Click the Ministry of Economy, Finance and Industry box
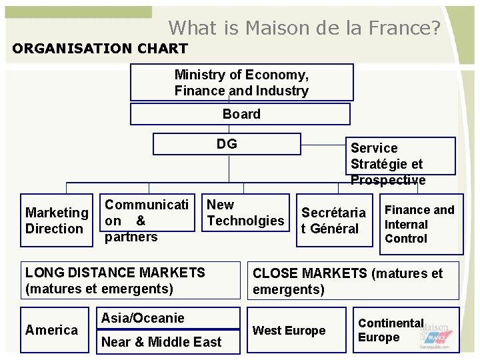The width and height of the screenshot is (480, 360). pos(241,83)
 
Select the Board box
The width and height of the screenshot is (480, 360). pos(240,114)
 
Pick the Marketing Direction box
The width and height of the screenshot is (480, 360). pos(57,221)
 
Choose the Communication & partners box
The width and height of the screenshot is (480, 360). pos(147,220)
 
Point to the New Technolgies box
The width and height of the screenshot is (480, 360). pos(245,213)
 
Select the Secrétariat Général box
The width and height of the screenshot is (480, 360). pos(333,221)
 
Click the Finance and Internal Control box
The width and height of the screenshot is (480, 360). pos(420,225)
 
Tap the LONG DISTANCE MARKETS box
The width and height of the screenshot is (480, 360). pos(129,280)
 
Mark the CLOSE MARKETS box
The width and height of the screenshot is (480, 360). pos(353,281)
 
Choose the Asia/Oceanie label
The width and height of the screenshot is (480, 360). pos(143,318)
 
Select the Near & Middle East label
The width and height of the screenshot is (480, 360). pos(161,342)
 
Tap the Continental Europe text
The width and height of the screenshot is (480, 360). pos(391,330)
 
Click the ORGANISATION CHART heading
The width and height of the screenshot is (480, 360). pos(100,49)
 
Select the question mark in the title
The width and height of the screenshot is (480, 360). pos(435,28)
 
